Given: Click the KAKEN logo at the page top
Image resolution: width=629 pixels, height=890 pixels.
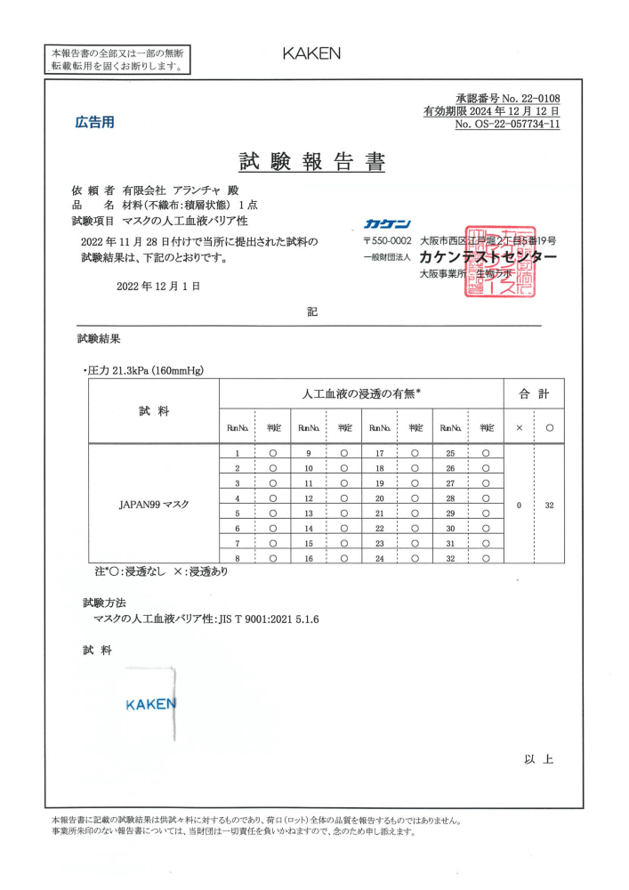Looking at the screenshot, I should pos(311,53).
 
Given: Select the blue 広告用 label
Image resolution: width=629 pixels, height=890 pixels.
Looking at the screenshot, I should pos(93,122).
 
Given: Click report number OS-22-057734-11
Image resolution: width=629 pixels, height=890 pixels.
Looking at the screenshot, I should pos(507,125).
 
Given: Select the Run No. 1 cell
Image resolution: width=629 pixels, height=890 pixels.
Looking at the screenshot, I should pos(238,453).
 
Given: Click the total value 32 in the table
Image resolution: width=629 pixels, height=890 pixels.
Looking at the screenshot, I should pos(549,505).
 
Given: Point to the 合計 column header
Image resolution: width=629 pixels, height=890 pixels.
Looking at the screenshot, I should pos(534,392).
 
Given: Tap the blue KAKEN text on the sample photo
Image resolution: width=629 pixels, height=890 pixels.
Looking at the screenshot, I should pos(150,704).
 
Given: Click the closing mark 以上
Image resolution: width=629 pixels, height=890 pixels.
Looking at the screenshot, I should pos(539,759).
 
